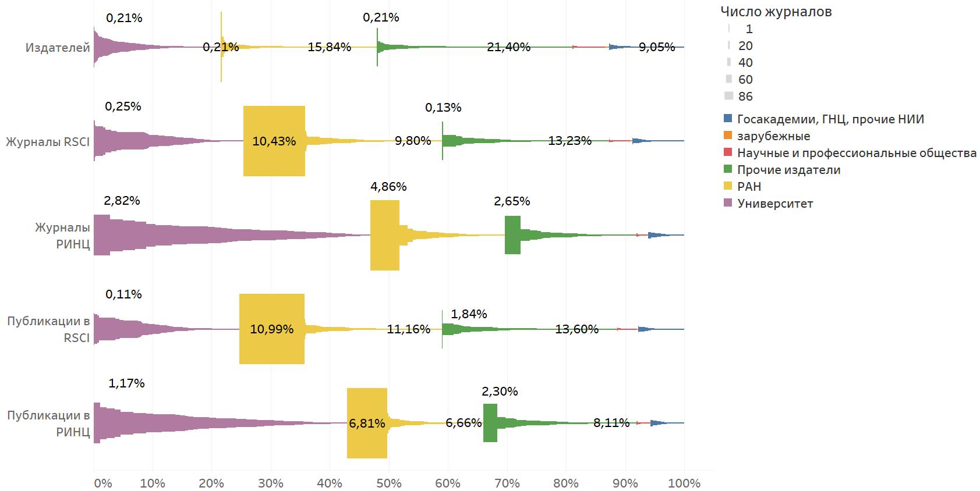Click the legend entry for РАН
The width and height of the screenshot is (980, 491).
(x=749, y=187)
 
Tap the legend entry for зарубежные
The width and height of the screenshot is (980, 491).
(x=773, y=136)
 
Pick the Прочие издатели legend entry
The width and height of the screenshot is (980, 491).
(x=788, y=170)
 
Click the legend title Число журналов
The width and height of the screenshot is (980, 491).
(x=776, y=11)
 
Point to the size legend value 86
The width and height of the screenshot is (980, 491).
(x=745, y=96)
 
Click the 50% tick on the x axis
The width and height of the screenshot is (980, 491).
(x=389, y=483)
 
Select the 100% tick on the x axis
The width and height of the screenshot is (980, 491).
(x=684, y=483)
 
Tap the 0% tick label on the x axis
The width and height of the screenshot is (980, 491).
(x=102, y=483)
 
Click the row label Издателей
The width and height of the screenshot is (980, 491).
(x=58, y=47)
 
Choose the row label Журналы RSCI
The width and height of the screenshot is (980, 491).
(x=48, y=141)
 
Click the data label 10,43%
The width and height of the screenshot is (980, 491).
(x=274, y=141)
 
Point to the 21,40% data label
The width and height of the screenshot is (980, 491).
(x=508, y=47)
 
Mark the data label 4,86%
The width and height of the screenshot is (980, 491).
(x=388, y=187)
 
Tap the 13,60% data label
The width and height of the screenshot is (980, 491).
(x=576, y=329)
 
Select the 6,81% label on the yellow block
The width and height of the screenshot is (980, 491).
(x=367, y=424)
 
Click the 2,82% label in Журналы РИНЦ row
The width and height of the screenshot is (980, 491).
(x=122, y=201)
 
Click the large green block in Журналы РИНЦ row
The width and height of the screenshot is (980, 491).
(x=512, y=235)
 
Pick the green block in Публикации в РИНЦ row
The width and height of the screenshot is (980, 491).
(x=490, y=423)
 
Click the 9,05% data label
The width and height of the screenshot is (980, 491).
(x=657, y=47)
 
